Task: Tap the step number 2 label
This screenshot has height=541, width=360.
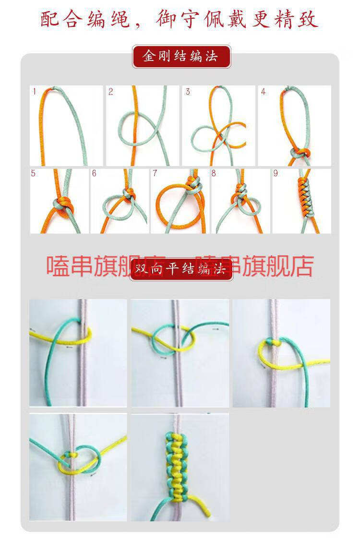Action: pos(111,92)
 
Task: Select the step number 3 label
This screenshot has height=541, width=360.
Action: pos(188,92)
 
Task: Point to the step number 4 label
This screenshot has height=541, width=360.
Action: pos(263,92)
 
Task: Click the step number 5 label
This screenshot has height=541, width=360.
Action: pos(34,173)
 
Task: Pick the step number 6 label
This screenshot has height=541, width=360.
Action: pos(94,173)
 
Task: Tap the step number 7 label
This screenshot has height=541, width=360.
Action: pos(155,173)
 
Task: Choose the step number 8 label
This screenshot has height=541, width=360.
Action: pos(214,173)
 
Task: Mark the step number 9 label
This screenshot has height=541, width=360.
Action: pos(276,173)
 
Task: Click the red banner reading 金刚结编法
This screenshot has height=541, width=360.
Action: pos(181,57)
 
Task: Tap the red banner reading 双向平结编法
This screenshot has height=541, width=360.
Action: pos(181,269)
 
